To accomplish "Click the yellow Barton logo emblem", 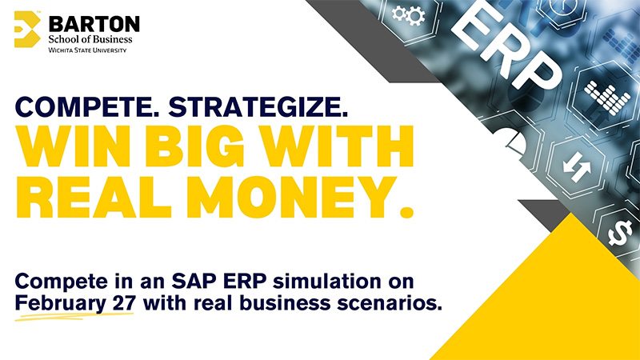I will (x=27, y=30).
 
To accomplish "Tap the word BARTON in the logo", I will (x=94, y=22).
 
